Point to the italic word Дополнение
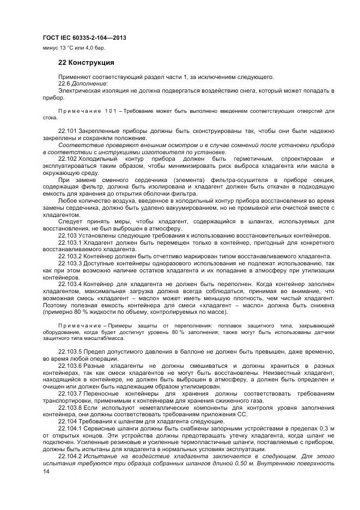click(90, 83)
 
